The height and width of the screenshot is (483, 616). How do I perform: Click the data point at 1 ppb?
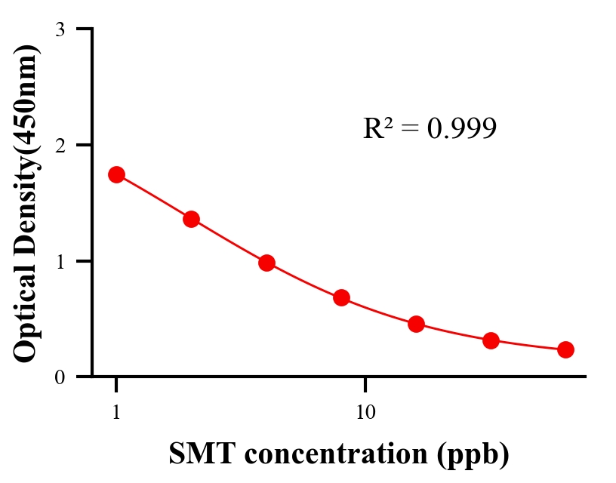(116, 174)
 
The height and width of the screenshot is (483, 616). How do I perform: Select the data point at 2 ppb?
(191, 219)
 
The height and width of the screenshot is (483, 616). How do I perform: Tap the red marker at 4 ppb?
(266, 263)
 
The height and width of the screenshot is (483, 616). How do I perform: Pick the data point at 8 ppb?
(341, 297)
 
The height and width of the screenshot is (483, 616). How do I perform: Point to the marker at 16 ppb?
(416, 325)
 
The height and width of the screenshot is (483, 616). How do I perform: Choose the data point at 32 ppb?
(491, 340)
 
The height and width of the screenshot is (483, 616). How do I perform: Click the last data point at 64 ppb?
(565, 349)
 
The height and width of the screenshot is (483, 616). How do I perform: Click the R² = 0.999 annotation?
(430, 129)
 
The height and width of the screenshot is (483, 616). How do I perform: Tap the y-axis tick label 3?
(60, 29)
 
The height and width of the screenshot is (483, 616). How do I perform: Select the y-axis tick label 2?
(60, 145)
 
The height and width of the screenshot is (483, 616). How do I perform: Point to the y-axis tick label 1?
(60, 261)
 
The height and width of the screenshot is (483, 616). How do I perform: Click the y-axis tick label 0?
(60, 377)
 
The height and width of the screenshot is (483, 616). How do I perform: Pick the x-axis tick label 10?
(365, 413)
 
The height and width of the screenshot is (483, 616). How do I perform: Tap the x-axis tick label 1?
(116, 413)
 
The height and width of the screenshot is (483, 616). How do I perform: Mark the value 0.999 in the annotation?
(461, 129)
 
